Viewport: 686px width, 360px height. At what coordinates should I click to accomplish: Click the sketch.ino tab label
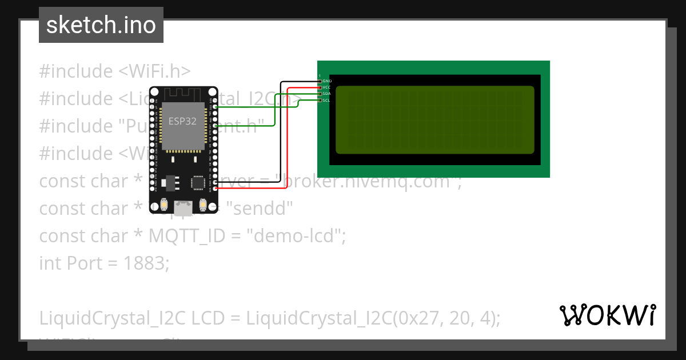101,25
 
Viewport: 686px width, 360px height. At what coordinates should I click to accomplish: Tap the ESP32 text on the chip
182,121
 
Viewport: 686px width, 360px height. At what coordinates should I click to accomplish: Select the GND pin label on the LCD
327,81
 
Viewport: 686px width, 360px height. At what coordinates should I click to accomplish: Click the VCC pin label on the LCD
327,87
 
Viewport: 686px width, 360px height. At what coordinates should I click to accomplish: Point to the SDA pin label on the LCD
327,94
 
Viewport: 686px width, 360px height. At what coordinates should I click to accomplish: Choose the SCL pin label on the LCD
326,100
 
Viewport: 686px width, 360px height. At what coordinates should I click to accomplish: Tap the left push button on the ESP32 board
164,205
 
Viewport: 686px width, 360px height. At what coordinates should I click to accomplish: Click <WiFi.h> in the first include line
154,71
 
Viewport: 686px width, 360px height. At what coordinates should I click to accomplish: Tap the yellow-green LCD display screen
434,120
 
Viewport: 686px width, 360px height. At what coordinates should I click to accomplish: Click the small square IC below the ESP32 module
198,182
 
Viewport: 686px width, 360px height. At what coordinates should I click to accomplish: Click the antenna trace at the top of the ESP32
183,94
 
